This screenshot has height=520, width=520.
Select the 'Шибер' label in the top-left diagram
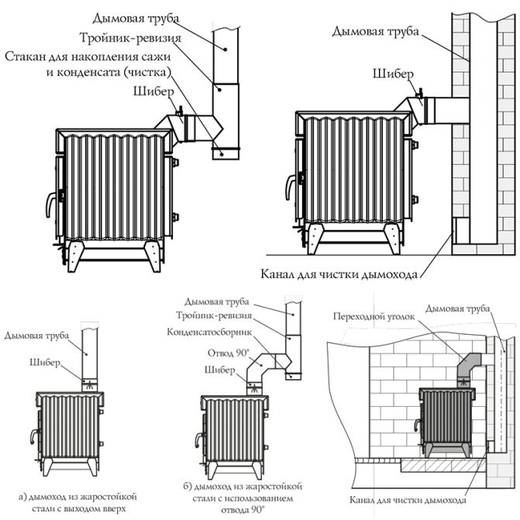point(150,91)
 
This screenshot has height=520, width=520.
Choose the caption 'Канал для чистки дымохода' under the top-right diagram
point(340,274)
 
